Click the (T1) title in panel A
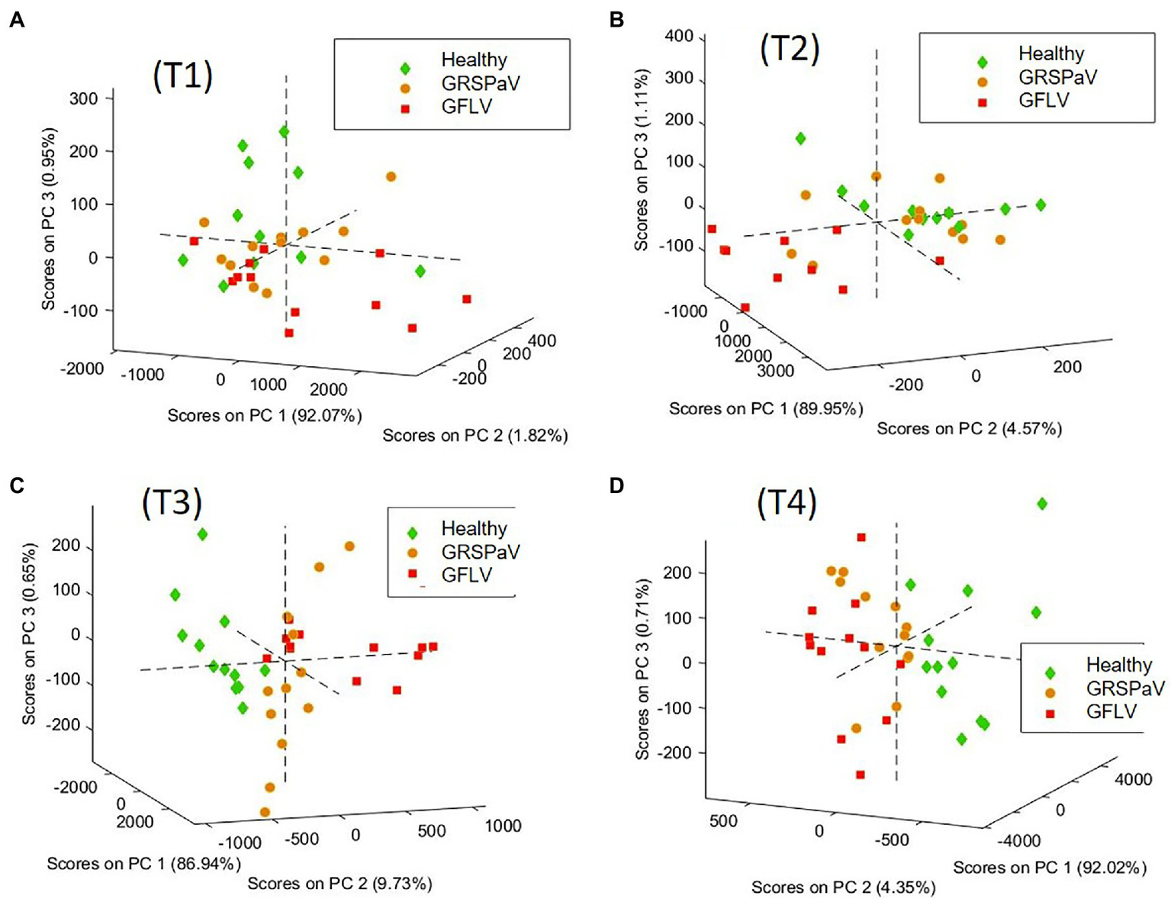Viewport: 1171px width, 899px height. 183,76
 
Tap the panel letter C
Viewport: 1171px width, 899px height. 16,485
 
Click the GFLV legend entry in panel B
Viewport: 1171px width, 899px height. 1044,100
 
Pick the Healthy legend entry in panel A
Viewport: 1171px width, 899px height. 473,60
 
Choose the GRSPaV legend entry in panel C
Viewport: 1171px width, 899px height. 479,552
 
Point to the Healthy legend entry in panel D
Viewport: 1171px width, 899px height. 1118,665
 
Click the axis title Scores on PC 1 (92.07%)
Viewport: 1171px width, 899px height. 264,416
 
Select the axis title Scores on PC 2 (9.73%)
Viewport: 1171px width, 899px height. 339,884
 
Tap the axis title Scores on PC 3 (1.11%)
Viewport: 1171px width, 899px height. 642,159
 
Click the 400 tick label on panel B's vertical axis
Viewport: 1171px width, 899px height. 678,36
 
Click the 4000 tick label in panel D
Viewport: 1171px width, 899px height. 1133,779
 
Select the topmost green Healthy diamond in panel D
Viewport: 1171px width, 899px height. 1042,504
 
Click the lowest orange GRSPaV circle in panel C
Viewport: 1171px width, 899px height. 265,812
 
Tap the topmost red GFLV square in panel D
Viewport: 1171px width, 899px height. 861,537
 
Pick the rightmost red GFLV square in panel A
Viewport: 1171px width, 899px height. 467,299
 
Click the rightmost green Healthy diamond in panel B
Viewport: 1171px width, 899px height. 1041,205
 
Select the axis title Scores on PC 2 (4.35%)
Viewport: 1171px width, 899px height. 843,888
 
